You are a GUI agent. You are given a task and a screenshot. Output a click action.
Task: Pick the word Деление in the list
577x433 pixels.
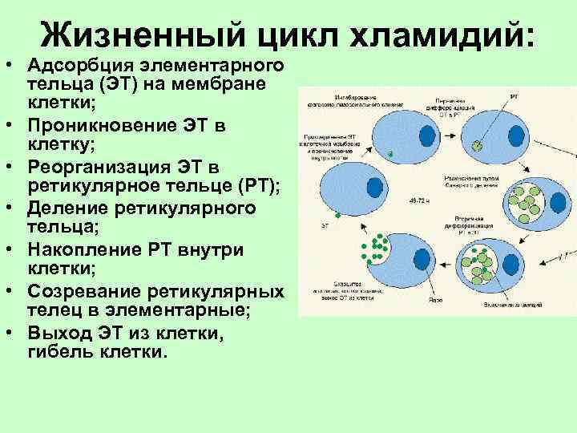pyautogui.click(x=69, y=208)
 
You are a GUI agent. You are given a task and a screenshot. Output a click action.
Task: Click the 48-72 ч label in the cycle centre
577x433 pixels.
pyautogui.click(x=418, y=200)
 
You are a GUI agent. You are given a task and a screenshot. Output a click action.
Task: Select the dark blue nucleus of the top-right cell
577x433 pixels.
pyautogui.click(x=515, y=134)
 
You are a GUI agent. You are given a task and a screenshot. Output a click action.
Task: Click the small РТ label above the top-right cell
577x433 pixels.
pyautogui.click(x=513, y=95)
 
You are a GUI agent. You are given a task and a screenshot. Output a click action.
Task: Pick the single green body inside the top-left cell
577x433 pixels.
pyautogui.click(x=390, y=154)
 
